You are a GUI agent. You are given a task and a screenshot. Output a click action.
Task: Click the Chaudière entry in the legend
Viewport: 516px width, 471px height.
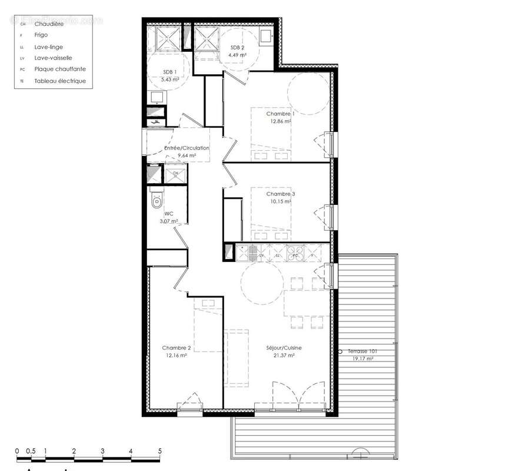(49, 24)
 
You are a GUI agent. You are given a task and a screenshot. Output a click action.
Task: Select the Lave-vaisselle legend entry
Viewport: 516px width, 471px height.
(53, 58)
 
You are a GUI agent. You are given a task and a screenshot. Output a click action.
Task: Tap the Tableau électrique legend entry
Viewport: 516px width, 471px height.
(60, 81)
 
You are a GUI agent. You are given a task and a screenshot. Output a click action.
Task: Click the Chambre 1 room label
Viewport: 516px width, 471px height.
(280, 114)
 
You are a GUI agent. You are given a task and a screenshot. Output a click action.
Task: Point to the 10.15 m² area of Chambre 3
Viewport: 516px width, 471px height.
(280, 201)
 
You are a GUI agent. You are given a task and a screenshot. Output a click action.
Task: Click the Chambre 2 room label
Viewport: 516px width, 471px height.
(177, 348)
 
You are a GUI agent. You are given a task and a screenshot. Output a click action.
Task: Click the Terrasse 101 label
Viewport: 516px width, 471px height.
(363, 351)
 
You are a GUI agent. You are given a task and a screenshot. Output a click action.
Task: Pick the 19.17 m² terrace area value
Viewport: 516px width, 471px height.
(364, 359)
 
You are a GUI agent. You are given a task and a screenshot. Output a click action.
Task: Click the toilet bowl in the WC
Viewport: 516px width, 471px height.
(156, 202)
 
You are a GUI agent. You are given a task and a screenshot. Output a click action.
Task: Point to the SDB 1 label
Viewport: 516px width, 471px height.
(170, 72)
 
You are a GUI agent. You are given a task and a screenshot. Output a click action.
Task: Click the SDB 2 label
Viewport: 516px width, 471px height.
(237, 48)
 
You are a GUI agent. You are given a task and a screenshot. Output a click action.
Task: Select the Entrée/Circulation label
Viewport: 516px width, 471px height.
(187, 148)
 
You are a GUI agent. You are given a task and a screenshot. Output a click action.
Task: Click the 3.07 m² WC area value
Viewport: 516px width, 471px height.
(169, 221)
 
